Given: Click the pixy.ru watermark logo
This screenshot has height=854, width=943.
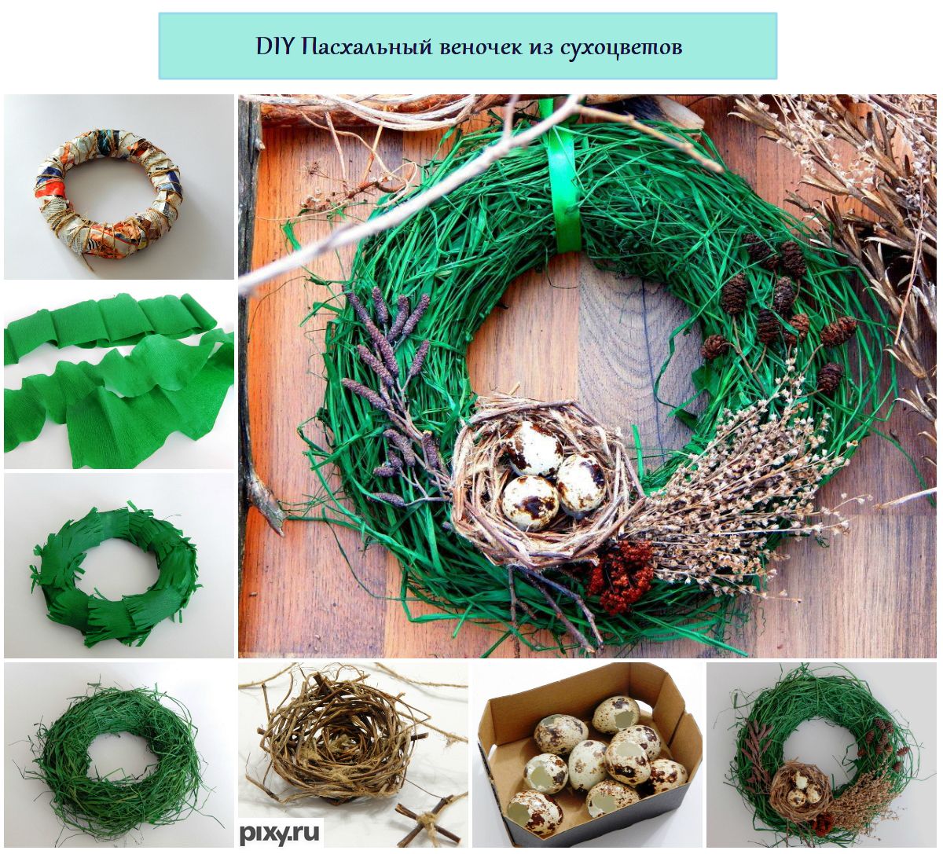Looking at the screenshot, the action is [281, 833].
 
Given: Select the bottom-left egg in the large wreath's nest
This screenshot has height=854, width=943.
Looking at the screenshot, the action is [531, 497].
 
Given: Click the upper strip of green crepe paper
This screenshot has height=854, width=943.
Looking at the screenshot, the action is [113, 324].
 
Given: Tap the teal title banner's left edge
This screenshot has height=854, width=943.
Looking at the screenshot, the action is [160, 46].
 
